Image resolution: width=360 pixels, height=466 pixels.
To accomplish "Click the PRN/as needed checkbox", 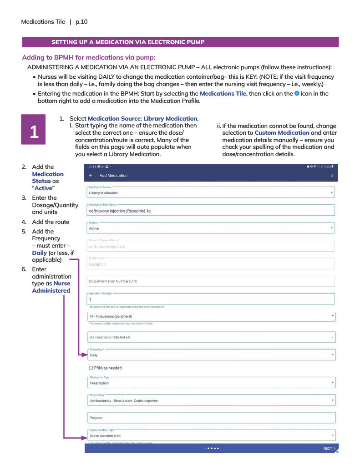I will pos(91,368).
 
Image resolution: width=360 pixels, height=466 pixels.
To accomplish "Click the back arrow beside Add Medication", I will pos(91,175).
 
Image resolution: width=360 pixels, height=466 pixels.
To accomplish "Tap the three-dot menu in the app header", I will pos(332,175).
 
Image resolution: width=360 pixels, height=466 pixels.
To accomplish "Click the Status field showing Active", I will pos(210,228).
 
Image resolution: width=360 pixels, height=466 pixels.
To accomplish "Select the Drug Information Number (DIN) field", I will pos(210,281).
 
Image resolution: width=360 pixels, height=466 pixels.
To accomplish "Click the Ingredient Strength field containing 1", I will pos(210,299).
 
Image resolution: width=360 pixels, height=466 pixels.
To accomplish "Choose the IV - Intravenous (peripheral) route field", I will pos(210,316).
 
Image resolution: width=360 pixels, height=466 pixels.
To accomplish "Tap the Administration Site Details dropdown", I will pos(210,337).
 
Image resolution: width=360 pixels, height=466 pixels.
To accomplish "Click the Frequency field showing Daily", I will pos(210,355).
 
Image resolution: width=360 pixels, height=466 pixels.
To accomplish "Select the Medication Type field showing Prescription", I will pos(210,383).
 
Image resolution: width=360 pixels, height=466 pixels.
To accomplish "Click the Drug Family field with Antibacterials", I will pos(210,400).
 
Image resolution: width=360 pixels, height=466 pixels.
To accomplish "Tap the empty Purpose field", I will pos(210,417).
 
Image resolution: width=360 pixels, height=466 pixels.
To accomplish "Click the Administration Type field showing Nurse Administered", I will pos(210,435).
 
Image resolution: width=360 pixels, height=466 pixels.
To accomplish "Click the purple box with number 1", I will pos(34,132).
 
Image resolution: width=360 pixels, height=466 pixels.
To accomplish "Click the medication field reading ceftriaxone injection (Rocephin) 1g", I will pos(210,210).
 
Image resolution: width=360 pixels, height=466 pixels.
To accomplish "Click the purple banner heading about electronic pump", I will pos(180,42).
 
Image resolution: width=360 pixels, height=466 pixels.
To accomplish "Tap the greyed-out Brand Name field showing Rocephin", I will pos(210,263).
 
